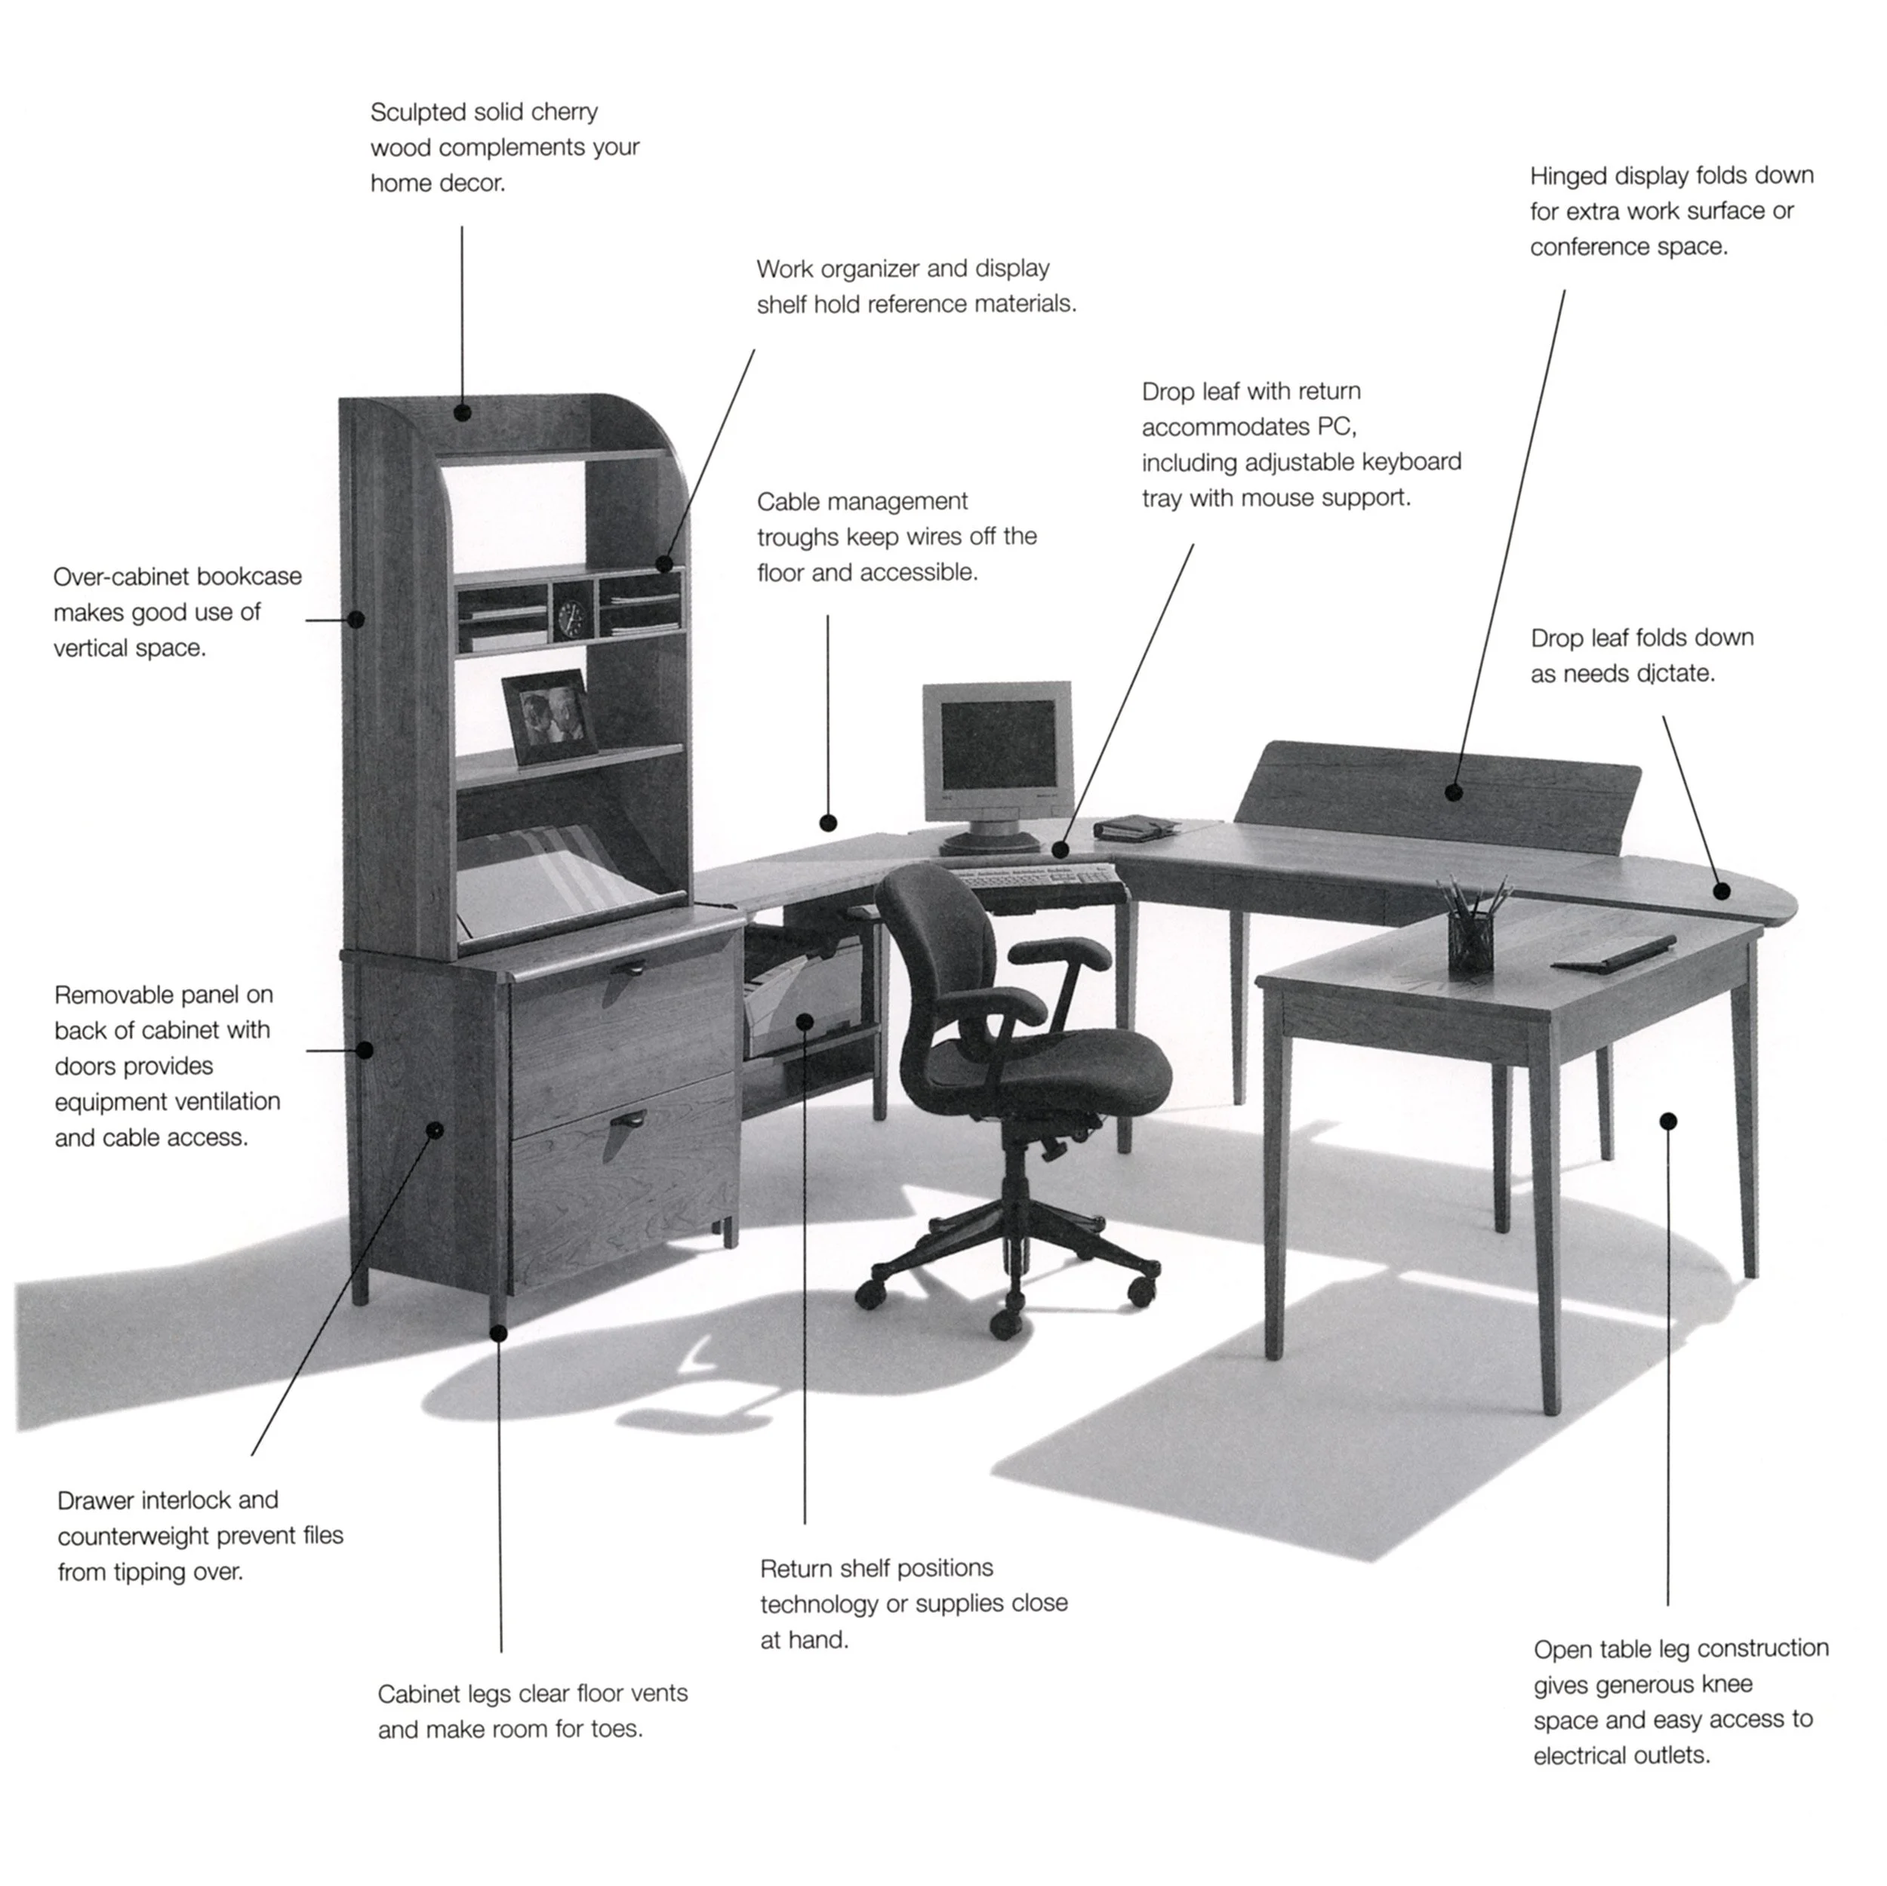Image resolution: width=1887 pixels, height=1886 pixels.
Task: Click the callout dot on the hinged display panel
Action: point(1453,792)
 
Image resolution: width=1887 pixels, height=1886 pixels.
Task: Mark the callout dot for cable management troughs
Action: point(828,823)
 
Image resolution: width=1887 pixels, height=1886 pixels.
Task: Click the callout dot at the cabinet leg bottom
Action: point(498,1332)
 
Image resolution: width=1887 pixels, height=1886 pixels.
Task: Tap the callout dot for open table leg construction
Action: point(1668,1120)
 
